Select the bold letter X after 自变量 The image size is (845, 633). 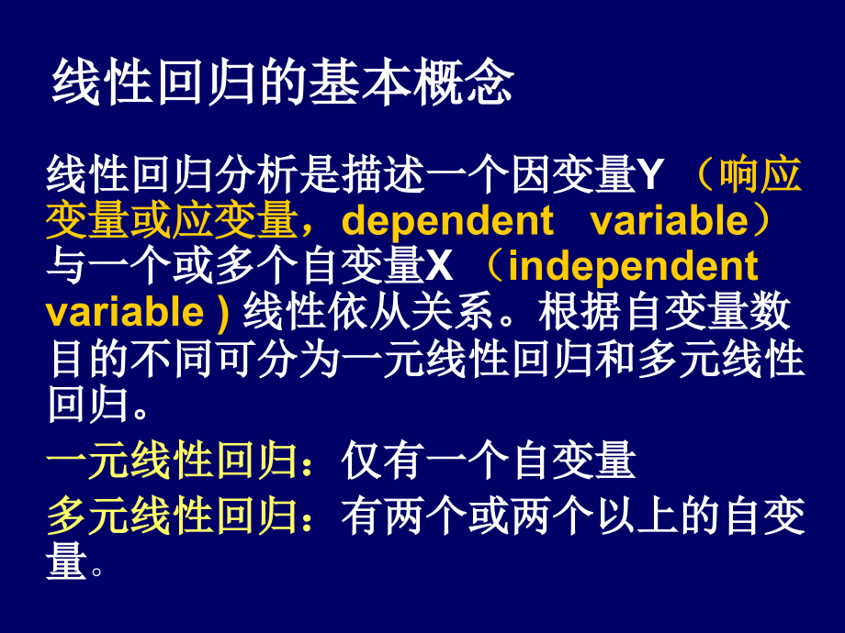tap(440, 267)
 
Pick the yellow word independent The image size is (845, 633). tap(633, 267)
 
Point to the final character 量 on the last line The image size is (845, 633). tap(66, 562)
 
